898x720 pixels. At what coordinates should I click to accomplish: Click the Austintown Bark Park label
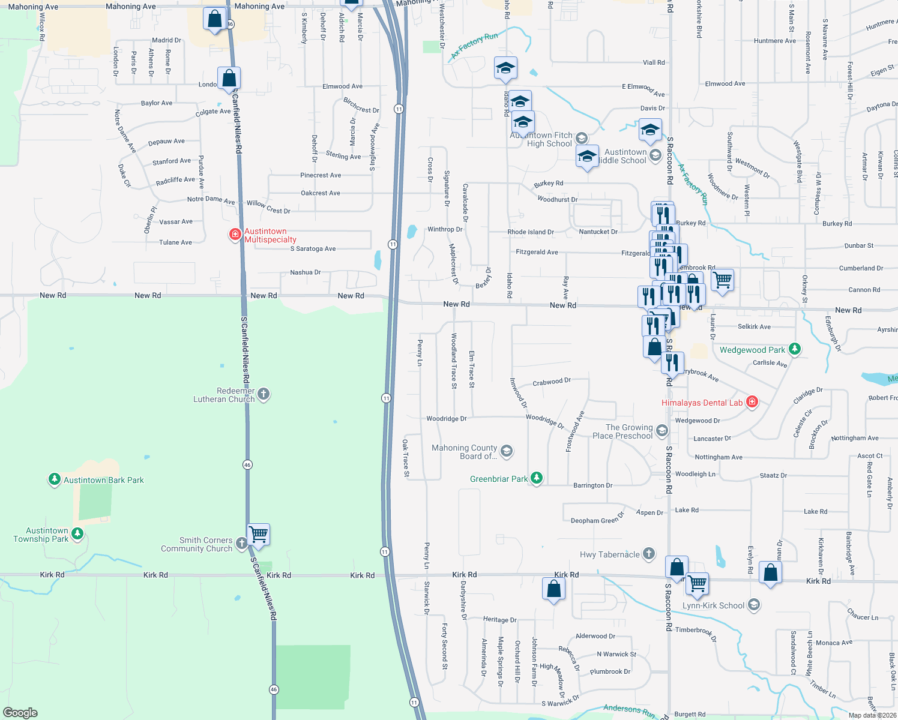(103, 480)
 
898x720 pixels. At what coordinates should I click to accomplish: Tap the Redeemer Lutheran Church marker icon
(264, 394)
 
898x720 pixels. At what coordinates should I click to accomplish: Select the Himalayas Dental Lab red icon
(752, 403)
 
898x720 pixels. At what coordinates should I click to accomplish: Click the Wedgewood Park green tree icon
(795, 349)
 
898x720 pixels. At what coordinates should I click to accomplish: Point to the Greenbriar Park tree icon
(537, 478)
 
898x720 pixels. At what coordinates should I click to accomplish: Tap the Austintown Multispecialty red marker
(235, 234)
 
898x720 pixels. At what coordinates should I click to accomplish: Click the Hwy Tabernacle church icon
(648, 554)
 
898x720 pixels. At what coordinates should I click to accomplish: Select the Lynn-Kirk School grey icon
(754, 605)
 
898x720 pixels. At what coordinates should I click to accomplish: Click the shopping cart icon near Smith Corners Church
(259, 533)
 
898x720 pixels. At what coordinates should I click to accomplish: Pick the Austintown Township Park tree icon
(77, 533)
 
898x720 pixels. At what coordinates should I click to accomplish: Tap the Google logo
(20, 712)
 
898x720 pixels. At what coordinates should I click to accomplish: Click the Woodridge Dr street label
(446, 419)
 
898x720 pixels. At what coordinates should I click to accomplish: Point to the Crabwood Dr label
(551, 382)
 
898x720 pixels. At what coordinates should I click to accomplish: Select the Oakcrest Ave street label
(320, 193)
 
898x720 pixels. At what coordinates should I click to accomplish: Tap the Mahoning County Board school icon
(507, 451)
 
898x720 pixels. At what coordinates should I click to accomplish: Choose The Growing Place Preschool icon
(661, 430)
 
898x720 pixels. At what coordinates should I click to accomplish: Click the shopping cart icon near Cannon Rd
(722, 280)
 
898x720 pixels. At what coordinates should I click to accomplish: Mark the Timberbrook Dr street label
(696, 632)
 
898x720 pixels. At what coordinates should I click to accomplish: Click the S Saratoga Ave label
(313, 248)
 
